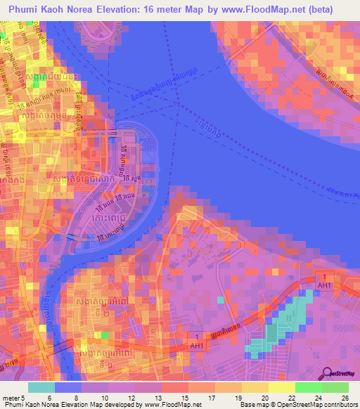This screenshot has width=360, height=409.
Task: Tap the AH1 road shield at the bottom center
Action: [198, 345]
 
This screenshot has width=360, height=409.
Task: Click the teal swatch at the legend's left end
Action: [41, 387]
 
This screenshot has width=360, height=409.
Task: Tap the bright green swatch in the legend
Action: [308, 387]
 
